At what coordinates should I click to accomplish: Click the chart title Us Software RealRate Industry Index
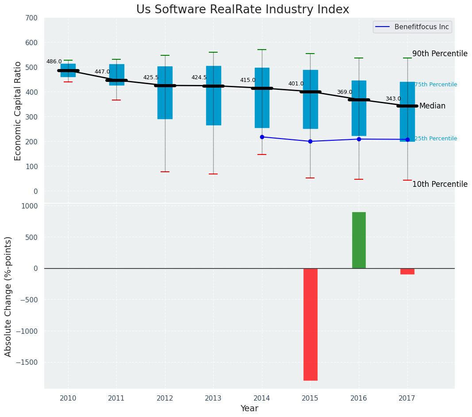(242, 10)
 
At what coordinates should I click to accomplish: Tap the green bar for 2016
(359, 240)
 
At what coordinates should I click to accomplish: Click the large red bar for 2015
(310, 324)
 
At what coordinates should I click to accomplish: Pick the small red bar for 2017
(407, 271)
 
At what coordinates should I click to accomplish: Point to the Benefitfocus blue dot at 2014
(262, 137)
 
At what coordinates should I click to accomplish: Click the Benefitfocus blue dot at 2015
(310, 141)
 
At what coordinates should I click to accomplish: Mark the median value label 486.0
(54, 62)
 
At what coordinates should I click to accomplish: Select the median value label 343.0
(393, 99)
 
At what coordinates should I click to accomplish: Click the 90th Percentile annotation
(440, 54)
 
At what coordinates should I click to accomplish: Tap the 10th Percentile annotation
(440, 184)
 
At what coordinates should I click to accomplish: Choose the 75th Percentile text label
(435, 85)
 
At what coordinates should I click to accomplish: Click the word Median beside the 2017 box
(432, 106)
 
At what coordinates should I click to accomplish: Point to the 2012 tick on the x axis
(165, 398)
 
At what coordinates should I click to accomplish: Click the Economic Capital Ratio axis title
(18, 111)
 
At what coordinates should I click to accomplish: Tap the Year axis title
(249, 409)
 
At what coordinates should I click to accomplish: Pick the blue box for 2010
(68, 70)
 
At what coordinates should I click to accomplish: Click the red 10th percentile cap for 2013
(213, 174)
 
